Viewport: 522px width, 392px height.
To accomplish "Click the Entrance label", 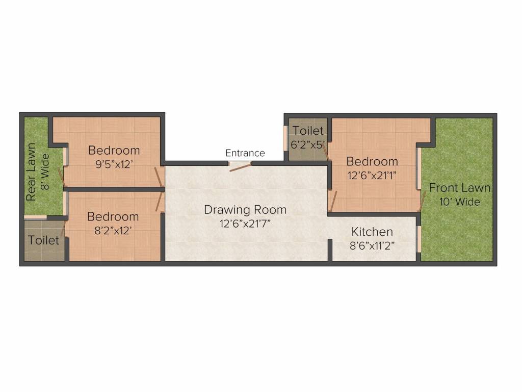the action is [x=245, y=153].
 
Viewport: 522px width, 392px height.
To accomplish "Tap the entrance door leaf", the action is [x=241, y=167].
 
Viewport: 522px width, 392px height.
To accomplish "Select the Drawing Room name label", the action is [x=245, y=210].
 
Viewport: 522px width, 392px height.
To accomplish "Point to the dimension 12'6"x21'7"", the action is [x=245, y=224].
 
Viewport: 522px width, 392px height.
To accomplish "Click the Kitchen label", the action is [x=372, y=232].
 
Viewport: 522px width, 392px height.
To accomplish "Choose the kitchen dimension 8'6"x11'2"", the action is [x=372, y=246].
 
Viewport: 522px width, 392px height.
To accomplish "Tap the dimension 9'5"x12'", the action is [x=114, y=164].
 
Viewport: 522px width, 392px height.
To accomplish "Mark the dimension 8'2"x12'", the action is [x=113, y=231].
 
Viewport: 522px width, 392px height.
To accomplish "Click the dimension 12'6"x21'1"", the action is [x=372, y=176].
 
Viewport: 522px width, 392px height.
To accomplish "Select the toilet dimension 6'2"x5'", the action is [x=307, y=145].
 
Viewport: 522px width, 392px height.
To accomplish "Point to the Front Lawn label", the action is [x=459, y=188].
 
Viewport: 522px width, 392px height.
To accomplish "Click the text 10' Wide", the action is [x=459, y=202].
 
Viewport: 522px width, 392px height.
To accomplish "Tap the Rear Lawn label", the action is [x=31, y=172].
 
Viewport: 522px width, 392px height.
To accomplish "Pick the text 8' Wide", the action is [x=45, y=171].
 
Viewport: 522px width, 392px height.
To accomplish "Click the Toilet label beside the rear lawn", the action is [x=44, y=240].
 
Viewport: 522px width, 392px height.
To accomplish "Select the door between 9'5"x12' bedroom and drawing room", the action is [x=159, y=177].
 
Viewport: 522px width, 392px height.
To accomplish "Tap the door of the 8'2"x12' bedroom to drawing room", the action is [x=160, y=201].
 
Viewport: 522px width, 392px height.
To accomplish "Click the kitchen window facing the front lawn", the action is [x=419, y=239].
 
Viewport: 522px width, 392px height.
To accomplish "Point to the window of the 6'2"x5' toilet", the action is [x=285, y=138].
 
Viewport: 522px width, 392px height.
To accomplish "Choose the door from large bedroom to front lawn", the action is [x=423, y=201].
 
